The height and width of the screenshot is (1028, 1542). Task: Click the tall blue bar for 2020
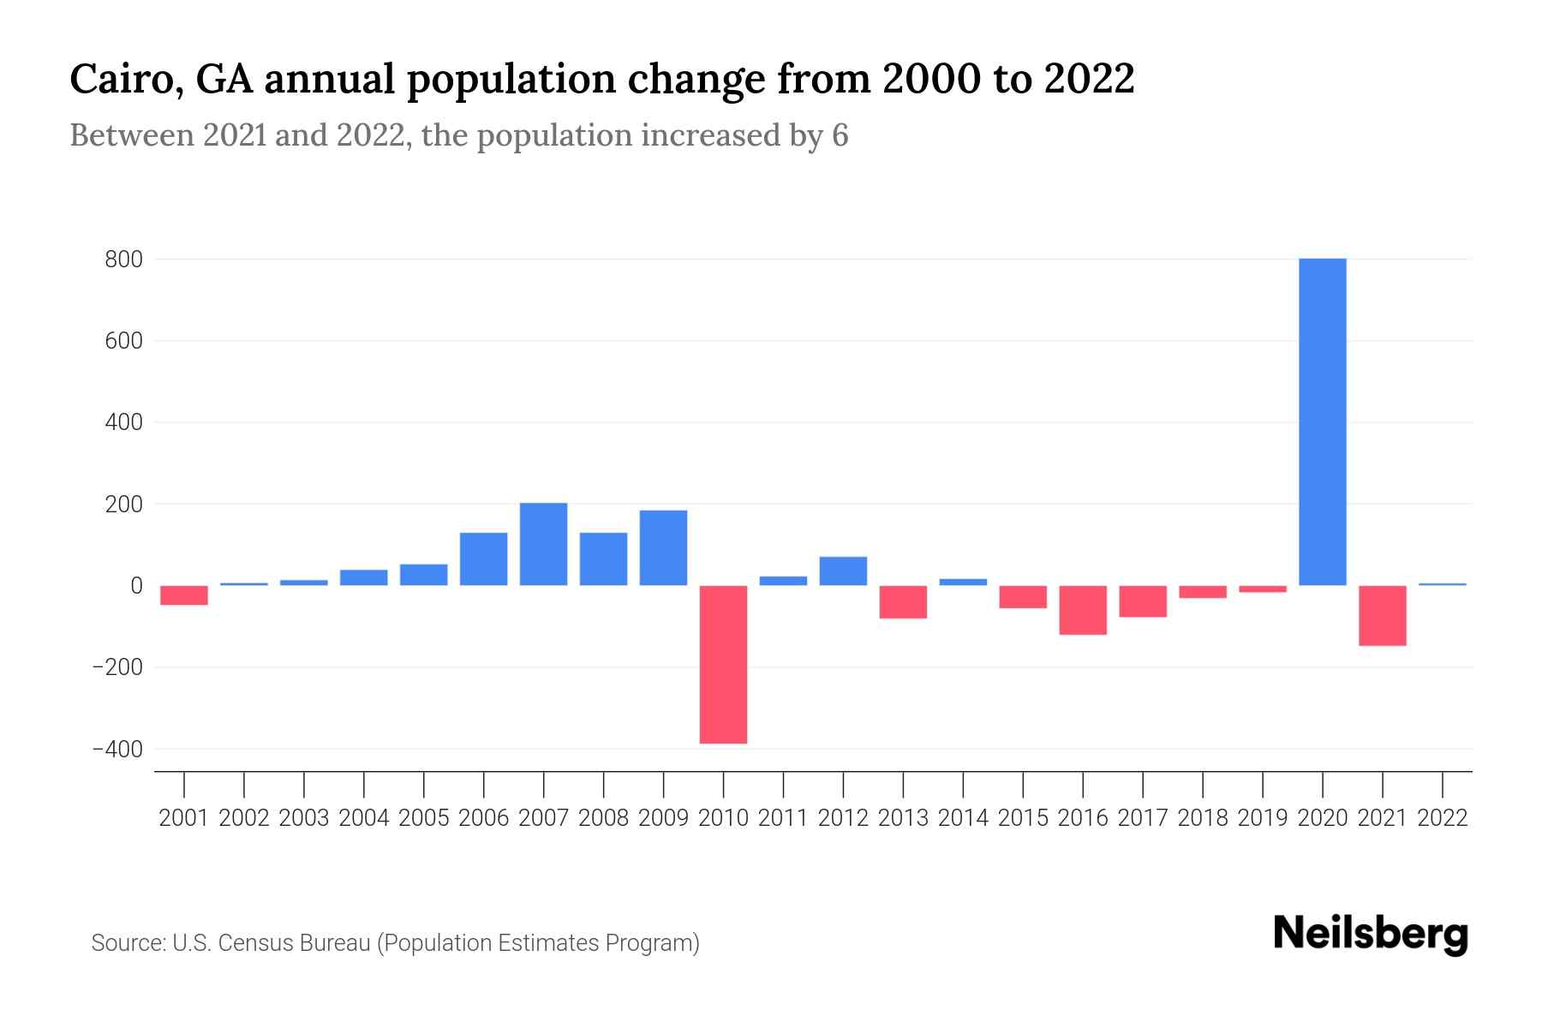coord(1322,421)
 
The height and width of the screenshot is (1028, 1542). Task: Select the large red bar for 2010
coord(723,664)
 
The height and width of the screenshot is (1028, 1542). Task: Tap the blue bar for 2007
coord(543,544)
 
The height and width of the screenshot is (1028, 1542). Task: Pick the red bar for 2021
coord(1382,615)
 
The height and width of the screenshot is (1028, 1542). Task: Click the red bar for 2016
coord(1083,610)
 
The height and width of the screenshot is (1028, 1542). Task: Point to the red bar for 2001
coord(184,595)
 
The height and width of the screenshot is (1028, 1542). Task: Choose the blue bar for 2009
coord(663,547)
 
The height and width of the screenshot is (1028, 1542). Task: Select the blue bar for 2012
coord(843,571)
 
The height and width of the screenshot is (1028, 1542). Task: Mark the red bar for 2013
coord(903,601)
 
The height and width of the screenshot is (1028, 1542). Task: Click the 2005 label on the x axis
coord(424,818)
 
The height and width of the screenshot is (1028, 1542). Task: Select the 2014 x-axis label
coord(963,818)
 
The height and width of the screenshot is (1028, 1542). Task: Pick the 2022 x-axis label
coord(1443,818)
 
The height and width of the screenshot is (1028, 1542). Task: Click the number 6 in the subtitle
coord(840,135)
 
